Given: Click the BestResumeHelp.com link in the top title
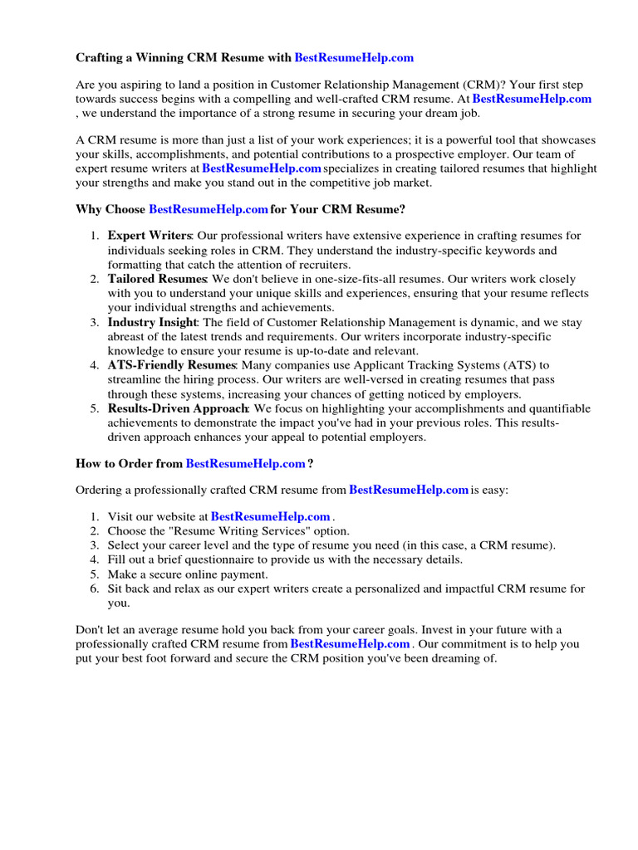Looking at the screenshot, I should [354, 58].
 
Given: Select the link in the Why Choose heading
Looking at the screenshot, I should [209, 209].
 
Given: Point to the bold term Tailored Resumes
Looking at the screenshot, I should [157, 279].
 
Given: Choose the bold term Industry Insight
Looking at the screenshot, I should [152, 321].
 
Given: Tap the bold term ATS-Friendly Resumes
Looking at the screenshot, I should [172, 365].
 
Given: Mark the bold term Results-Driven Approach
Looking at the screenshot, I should [178, 408].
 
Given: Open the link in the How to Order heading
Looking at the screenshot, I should [245, 463].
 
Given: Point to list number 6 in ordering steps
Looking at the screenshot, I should [95, 589].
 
